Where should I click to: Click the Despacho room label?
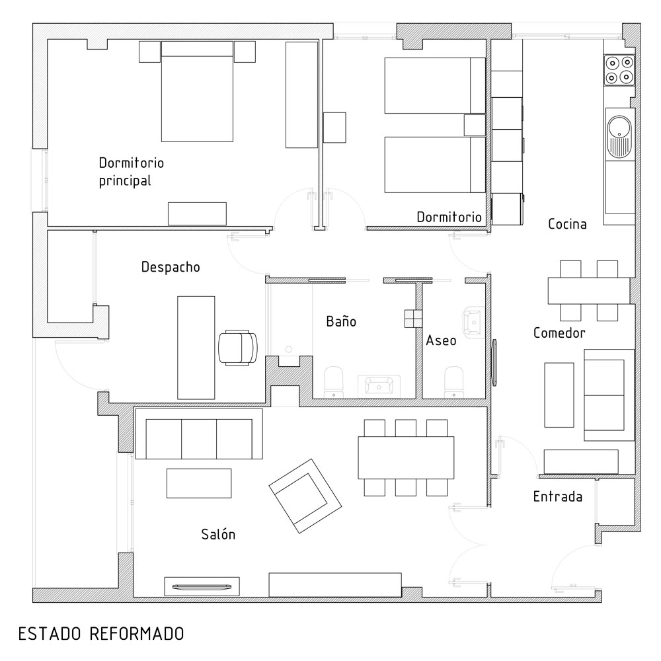click(171, 267)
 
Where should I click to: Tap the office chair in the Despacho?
click(237, 347)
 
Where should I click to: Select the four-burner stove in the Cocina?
click(619, 70)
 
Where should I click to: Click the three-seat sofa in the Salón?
click(199, 438)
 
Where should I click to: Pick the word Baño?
click(341, 322)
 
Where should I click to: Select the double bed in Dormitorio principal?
click(197, 92)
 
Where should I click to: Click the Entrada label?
click(557, 496)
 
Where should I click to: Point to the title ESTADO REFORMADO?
click(100, 634)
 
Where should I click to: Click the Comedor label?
click(559, 332)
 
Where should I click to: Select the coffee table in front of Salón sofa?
click(199, 483)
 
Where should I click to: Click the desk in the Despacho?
click(196, 347)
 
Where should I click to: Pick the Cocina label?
click(567, 224)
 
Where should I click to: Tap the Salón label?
click(218, 535)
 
